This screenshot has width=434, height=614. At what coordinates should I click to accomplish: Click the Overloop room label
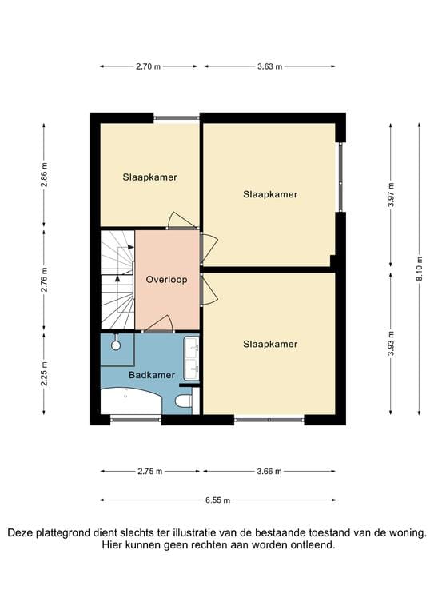pyautogui.click(x=166, y=281)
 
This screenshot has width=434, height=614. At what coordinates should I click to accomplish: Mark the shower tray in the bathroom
pyautogui.click(x=116, y=344)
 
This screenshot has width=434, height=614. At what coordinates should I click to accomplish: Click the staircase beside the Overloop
pyautogui.click(x=117, y=280)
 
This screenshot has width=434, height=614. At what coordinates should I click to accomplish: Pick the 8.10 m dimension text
pyautogui.click(x=419, y=268)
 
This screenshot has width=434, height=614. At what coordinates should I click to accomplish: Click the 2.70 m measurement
pyautogui.click(x=149, y=67)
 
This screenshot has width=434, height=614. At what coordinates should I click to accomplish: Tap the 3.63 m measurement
pyautogui.click(x=269, y=67)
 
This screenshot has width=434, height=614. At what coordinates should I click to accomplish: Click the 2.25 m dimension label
pyautogui.click(x=45, y=374)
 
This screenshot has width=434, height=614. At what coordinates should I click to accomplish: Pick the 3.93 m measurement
pyautogui.click(x=391, y=341)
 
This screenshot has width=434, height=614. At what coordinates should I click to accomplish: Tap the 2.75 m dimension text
pyautogui.click(x=149, y=472)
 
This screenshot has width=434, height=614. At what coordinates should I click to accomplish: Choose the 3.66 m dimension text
pyautogui.click(x=269, y=472)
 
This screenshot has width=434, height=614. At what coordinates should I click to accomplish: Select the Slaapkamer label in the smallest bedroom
pyautogui.click(x=149, y=177)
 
